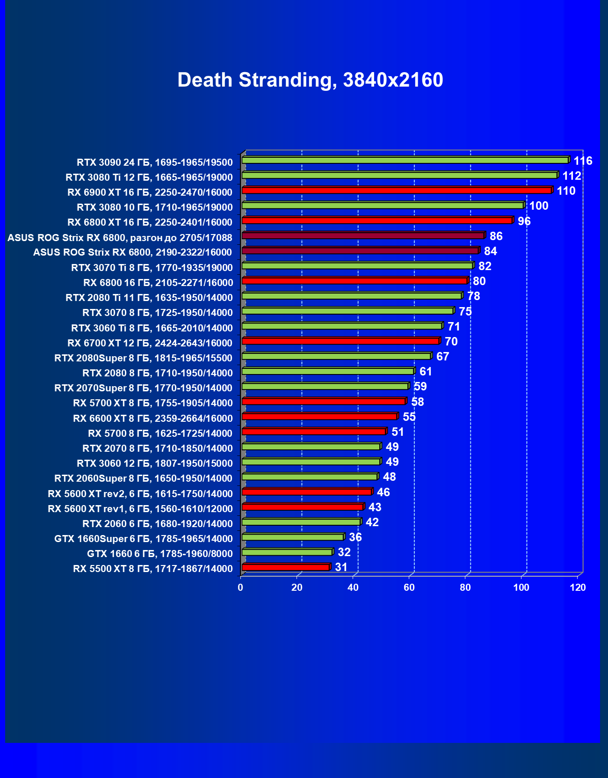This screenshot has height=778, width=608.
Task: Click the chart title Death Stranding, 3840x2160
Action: click(310, 80)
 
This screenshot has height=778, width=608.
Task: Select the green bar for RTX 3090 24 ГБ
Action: click(405, 160)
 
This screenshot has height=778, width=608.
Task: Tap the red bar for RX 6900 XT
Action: click(397, 190)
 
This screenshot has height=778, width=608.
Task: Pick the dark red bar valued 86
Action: click(363, 235)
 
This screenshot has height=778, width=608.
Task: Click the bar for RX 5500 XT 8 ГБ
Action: click(286, 567)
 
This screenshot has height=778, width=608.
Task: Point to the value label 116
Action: click(583, 161)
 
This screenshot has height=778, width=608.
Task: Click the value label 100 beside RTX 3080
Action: click(538, 206)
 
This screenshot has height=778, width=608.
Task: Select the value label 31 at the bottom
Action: click(341, 567)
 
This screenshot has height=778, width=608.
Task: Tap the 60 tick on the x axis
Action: click(409, 587)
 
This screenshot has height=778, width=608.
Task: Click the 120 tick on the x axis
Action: click(578, 587)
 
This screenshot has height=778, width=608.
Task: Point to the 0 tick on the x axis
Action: click(241, 587)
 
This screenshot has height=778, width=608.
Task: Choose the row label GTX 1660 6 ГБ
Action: click(159, 554)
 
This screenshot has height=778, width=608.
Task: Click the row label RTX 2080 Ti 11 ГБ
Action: click(149, 298)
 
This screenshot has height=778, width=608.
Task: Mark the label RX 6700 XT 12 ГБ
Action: click(150, 343)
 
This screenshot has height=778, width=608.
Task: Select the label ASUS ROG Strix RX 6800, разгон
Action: click(120, 238)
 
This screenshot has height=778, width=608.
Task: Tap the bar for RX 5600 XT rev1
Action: click(303, 507)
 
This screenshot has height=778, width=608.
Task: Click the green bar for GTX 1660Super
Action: click(293, 537)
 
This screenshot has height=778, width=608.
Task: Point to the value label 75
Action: click(465, 312)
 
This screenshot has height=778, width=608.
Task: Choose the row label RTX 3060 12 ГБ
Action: click(154, 463)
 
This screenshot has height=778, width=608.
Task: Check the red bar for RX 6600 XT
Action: click(319, 417)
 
